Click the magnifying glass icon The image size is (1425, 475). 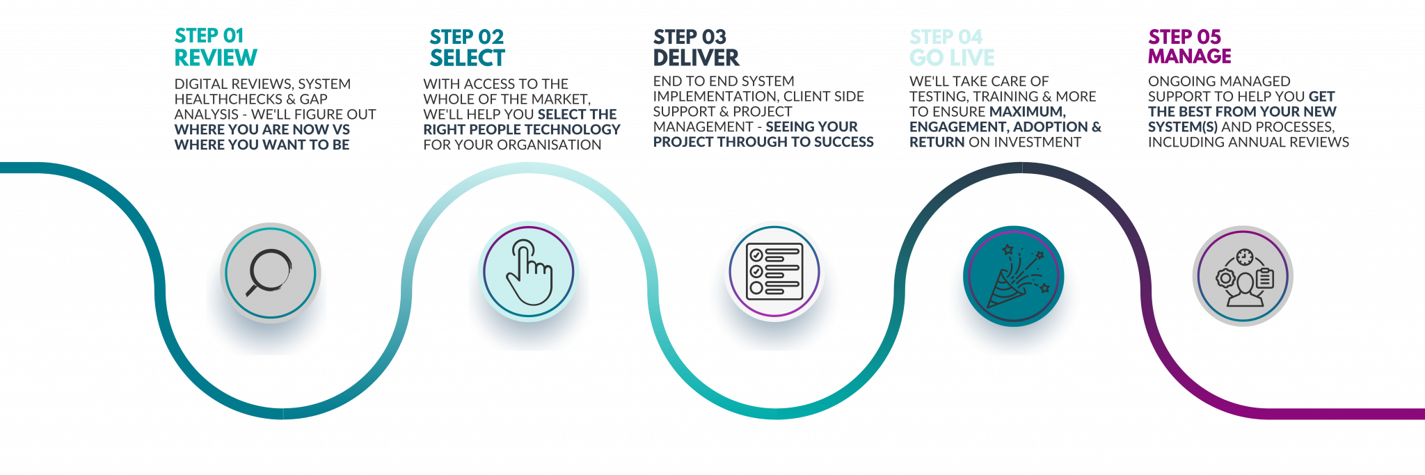tap(269, 273)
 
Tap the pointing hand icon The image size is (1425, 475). tap(529, 272)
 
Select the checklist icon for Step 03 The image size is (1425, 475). tap(774, 271)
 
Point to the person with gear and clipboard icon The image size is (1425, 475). tap(1243, 277)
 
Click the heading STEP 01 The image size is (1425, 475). tap(209, 36)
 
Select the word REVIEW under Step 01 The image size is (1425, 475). tap(216, 58)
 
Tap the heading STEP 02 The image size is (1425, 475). tap(466, 37)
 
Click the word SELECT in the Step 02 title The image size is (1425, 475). tap(468, 58)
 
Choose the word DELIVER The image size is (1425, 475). tap(696, 58)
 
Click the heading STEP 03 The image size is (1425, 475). tap(690, 37)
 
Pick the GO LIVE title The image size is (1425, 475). tap(952, 58)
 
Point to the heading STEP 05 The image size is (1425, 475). tap(1184, 36)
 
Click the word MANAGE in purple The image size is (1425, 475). tap(1190, 56)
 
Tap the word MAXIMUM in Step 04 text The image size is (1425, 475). tap(1027, 111)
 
